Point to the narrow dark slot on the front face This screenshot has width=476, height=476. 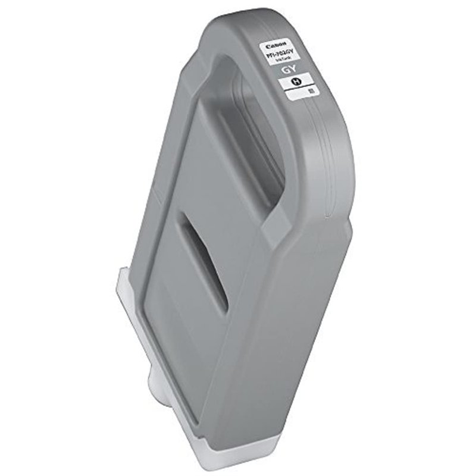click(x=205, y=265)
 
